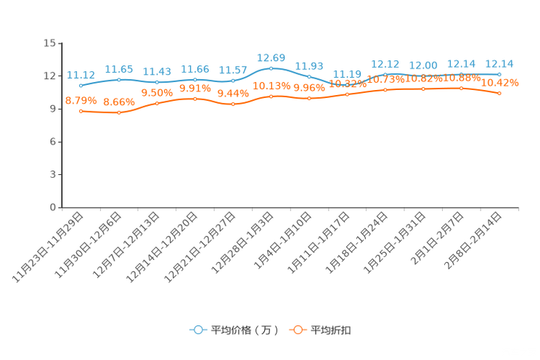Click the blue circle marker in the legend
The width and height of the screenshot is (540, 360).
pyautogui.click(x=197, y=330)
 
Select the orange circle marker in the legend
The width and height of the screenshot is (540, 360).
pyautogui.click(x=296, y=330)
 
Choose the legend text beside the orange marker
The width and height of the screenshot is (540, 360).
pyautogui.click(x=332, y=330)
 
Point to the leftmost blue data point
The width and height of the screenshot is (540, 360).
pyautogui.click(x=81, y=85)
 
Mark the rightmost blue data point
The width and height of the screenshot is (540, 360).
pyautogui.click(x=499, y=74)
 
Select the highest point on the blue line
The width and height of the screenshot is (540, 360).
pyautogui.click(x=271, y=68)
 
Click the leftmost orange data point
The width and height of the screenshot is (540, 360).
pyautogui.click(x=81, y=111)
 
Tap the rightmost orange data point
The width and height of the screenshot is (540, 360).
pyautogui.click(x=499, y=94)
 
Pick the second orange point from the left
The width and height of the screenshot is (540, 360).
pyautogui.click(x=119, y=113)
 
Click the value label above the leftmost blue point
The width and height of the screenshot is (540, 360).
pyautogui.click(x=81, y=75)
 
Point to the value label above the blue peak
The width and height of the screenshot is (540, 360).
pyautogui.click(x=271, y=57)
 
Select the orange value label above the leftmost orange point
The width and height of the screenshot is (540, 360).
pyautogui.click(x=81, y=101)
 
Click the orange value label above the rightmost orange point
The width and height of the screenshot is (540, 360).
pyautogui.click(x=501, y=83)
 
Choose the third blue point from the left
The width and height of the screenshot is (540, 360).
pyautogui.click(x=157, y=82)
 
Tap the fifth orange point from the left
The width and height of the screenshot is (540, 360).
pyautogui.click(x=233, y=105)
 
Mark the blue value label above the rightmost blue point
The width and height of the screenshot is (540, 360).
pyautogui.click(x=499, y=63)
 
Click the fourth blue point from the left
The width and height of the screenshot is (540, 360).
pyautogui.click(x=195, y=79)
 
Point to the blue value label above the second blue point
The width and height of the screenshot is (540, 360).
pyautogui.click(x=119, y=69)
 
